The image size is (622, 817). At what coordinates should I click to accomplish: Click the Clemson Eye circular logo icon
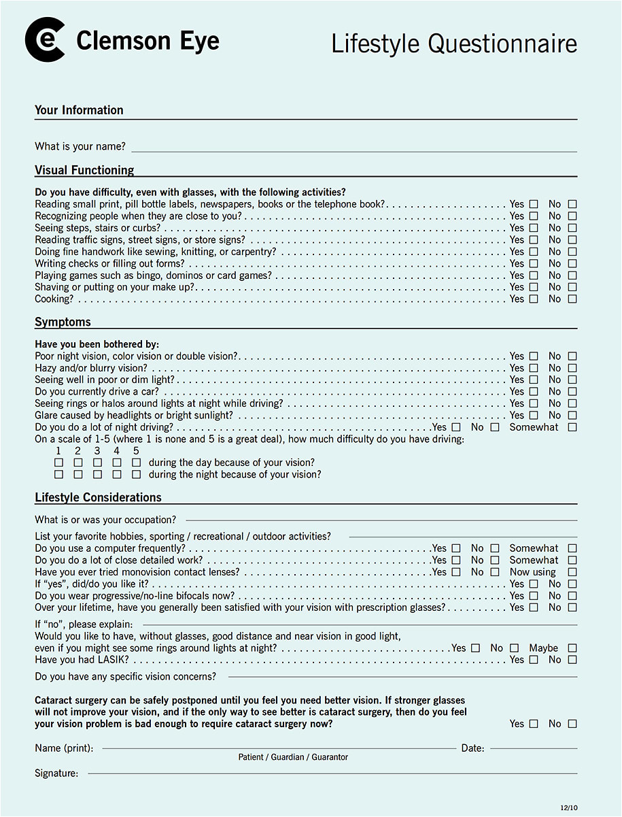45,40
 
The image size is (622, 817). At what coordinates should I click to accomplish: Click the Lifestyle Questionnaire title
453,44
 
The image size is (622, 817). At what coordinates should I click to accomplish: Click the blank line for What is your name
353,147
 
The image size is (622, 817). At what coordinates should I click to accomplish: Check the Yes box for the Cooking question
534,299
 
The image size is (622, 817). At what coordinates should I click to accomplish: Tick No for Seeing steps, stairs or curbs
572,228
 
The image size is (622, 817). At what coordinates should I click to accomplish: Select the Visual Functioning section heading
84,170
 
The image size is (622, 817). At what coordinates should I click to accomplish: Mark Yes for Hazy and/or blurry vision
534,368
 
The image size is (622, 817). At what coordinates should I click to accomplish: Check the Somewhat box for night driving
572,427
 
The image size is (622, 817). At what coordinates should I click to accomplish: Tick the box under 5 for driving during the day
136,463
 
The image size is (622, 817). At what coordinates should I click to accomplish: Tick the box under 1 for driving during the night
58,474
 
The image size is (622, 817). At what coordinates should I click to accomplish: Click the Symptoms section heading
63,322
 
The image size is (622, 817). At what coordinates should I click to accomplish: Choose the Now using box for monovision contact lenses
572,572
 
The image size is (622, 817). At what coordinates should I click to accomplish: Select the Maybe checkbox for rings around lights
572,648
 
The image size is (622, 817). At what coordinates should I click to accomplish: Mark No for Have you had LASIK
572,660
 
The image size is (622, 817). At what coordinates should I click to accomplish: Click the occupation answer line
381,520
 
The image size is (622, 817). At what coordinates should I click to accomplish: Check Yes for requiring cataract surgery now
534,724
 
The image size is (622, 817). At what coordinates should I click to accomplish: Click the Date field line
534,748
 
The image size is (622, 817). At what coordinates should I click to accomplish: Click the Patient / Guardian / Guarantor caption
293,757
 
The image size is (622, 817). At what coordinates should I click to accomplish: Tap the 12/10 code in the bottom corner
568,807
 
